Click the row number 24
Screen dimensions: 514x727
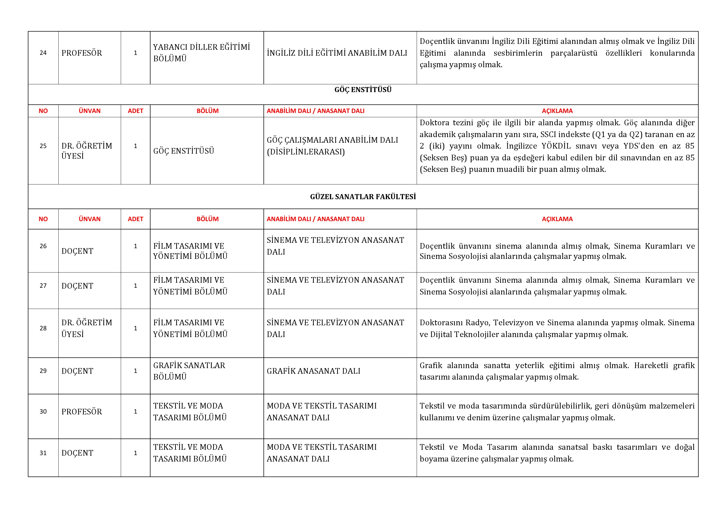(x=43, y=53)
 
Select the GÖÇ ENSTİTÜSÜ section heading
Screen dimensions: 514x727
(x=363, y=90)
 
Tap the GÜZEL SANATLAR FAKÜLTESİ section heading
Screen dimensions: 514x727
(x=363, y=197)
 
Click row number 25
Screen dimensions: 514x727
(x=43, y=146)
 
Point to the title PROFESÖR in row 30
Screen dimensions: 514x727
(x=82, y=412)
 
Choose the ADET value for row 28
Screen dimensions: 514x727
(x=135, y=328)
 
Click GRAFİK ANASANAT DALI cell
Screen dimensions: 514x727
(x=314, y=371)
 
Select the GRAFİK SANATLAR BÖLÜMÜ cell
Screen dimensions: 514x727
(x=189, y=371)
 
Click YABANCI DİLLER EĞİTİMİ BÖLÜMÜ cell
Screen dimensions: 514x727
(x=201, y=53)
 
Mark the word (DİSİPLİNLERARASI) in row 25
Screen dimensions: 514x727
(x=306, y=152)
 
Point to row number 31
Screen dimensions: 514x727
(x=43, y=453)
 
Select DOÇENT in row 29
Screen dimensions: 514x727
(x=77, y=371)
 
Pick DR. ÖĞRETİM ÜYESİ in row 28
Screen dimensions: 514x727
(x=86, y=328)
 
